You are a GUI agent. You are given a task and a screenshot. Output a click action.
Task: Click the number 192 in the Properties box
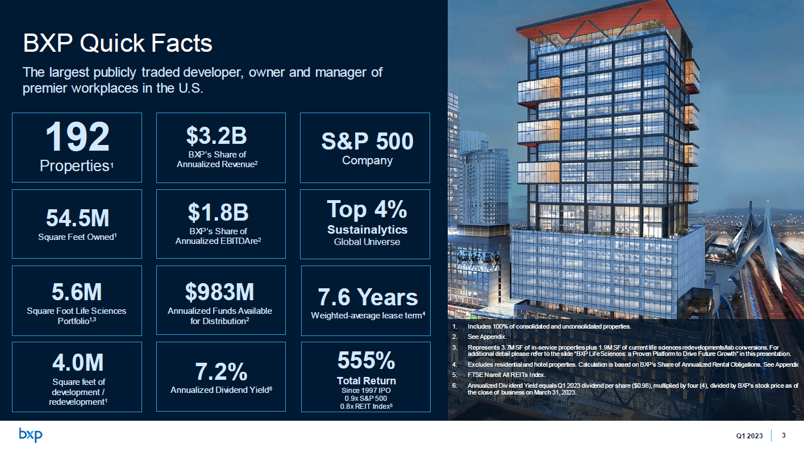point(77,138)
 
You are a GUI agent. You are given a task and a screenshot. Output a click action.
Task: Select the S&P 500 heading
point(367,141)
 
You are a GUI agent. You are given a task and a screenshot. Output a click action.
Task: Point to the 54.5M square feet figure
point(77,218)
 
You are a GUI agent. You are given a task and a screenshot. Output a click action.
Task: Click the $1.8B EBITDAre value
point(218,212)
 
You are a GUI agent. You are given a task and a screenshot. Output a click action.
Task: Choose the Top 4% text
point(367,209)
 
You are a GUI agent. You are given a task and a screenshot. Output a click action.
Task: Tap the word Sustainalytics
point(367,230)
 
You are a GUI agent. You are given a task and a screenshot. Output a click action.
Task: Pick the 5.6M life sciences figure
point(77,292)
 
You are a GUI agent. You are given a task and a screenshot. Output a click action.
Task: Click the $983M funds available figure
point(219,292)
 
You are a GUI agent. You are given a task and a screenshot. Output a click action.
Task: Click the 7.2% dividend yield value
point(221,372)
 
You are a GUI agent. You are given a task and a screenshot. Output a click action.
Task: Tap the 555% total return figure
point(366,360)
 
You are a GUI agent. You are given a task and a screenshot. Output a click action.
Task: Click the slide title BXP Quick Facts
point(117,43)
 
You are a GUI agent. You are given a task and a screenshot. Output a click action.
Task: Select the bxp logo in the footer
point(31,436)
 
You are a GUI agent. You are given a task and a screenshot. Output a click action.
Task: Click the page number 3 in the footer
point(784,436)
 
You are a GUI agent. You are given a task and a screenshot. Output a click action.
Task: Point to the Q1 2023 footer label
point(749,436)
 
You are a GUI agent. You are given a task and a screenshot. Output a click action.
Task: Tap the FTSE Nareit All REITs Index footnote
point(506,374)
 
